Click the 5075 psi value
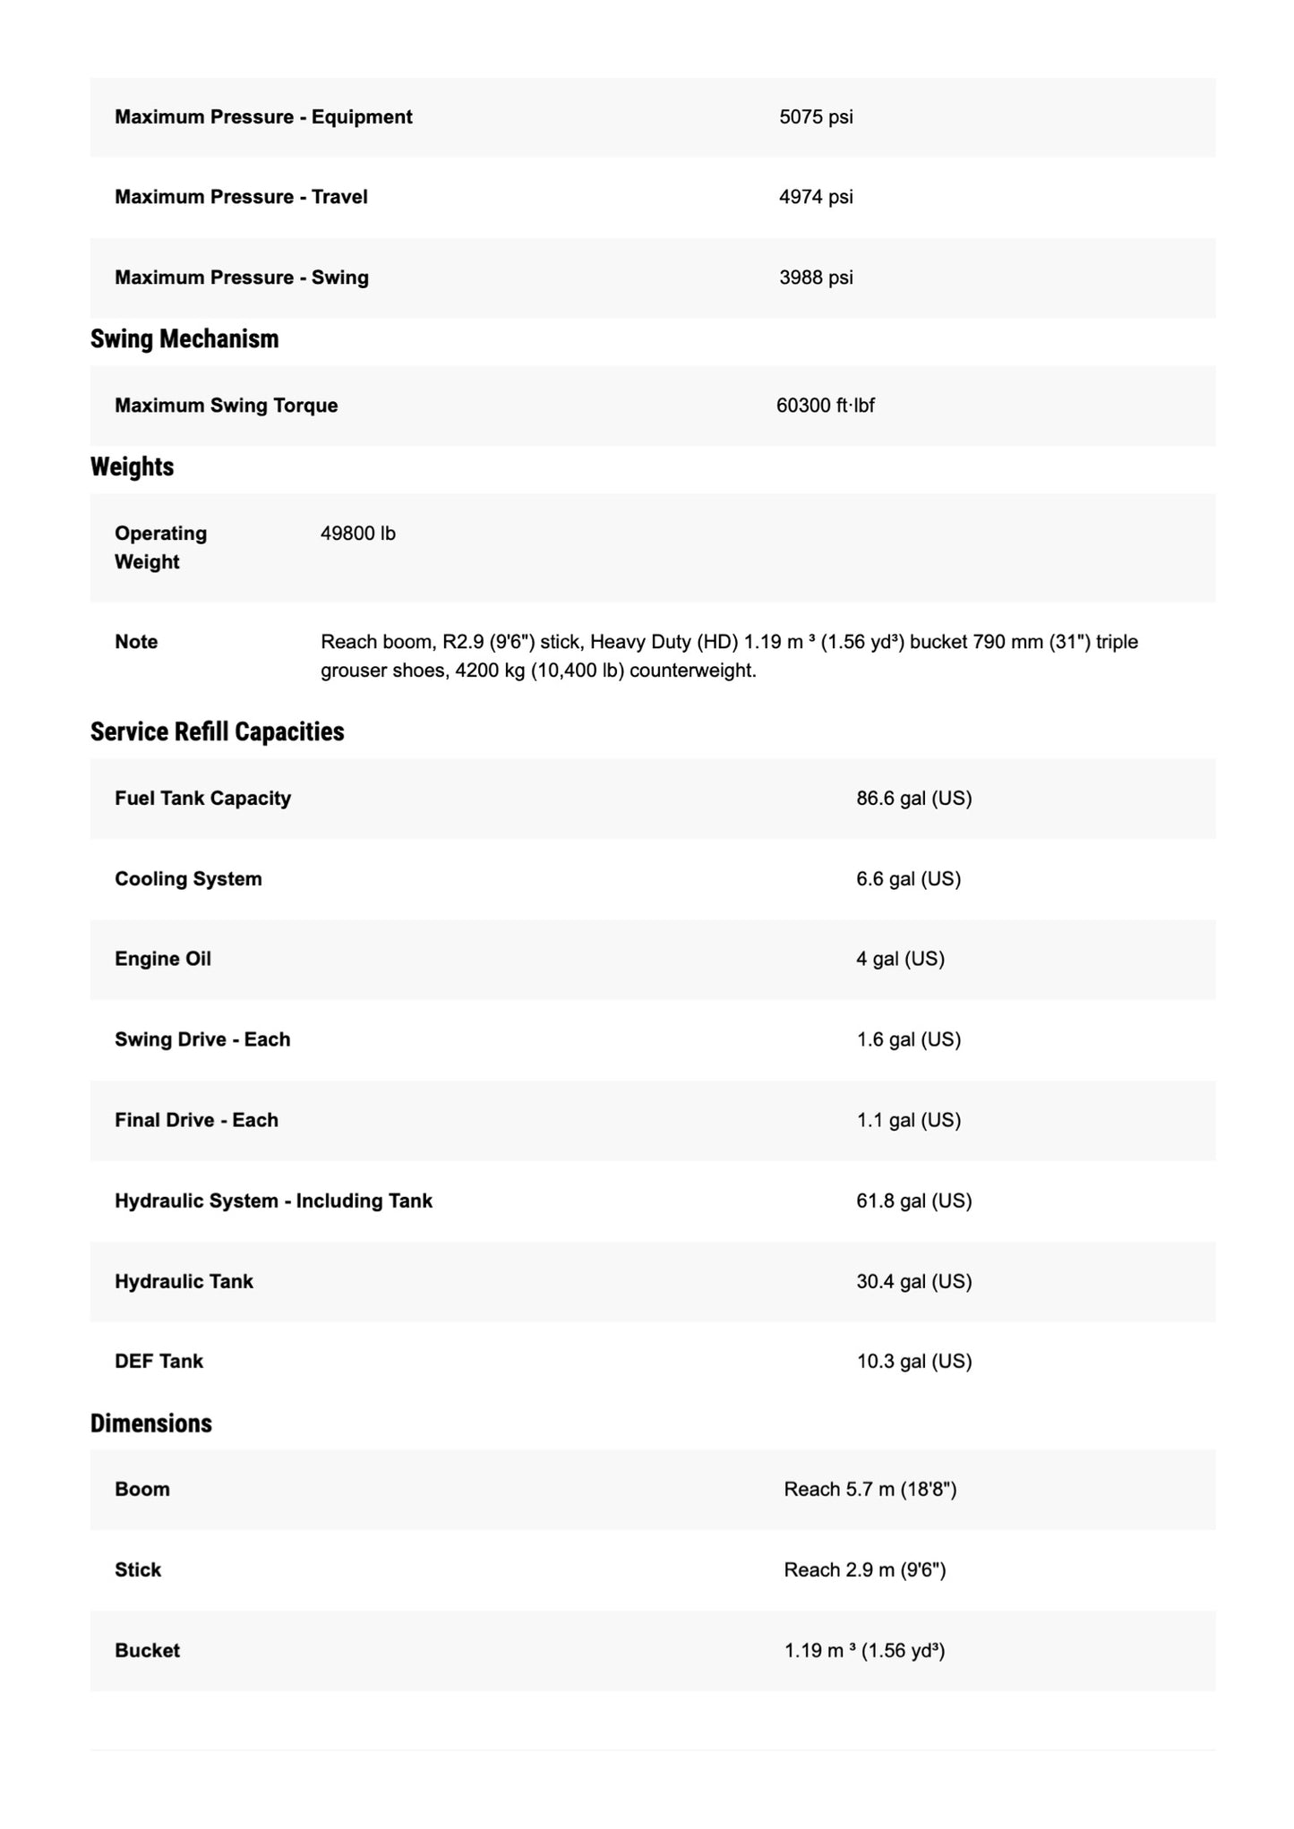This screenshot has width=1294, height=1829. click(816, 117)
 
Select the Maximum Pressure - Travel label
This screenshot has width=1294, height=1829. click(241, 197)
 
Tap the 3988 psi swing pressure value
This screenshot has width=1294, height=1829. click(816, 278)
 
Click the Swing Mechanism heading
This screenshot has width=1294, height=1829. click(184, 339)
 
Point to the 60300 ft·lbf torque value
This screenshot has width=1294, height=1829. click(825, 406)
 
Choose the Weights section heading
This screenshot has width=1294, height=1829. click(132, 467)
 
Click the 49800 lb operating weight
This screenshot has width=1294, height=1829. click(358, 534)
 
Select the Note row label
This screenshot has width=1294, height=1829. click(136, 642)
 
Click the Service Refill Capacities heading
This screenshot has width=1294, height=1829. click(217, 732)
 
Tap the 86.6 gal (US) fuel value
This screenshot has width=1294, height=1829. click(913, 799)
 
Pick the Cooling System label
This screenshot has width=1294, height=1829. click(188, 879)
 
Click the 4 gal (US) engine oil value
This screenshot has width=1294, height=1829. click(900, 959)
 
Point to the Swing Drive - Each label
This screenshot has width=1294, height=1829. click(202, 1039)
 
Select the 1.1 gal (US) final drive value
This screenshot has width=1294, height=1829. click(908, 1120)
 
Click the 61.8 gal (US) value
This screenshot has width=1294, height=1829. click(913, 1201)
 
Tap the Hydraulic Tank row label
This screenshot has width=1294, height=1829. click(184, 1281)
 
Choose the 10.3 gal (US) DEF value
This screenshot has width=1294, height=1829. click(913, 1362)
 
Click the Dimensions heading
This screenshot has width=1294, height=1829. click(151, 1424)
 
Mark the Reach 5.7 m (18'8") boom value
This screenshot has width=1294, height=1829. click(870, 1490)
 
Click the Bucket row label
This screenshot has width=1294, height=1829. click(147, 1651)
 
